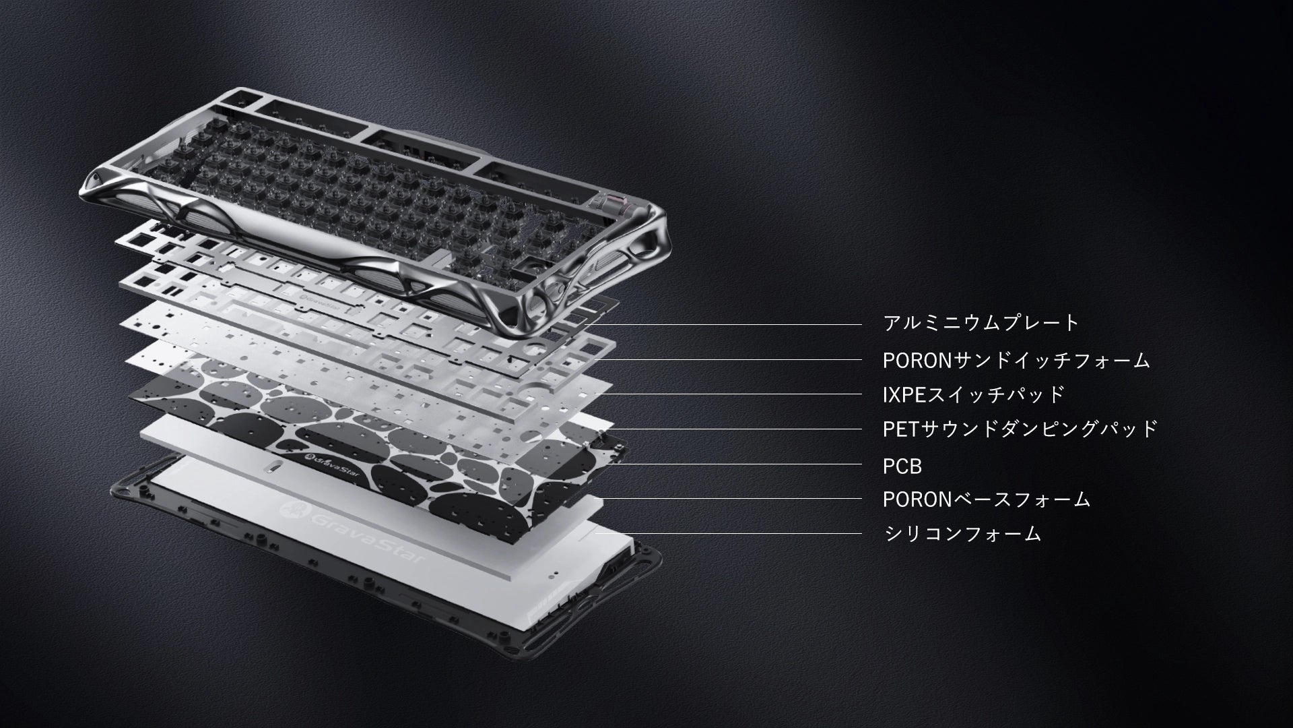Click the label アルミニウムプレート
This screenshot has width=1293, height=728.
(981, 323)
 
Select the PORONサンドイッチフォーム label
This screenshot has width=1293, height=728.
(1016, 361)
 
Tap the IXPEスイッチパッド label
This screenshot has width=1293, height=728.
(974, 394)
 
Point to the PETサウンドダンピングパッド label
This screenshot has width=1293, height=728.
(1020, 429)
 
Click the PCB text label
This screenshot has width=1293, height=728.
(902, 466)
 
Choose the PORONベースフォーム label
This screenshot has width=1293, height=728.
(987, 499)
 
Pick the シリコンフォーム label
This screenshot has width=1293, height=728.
(963, 534)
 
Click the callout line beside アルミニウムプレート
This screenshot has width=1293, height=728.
(725, 325)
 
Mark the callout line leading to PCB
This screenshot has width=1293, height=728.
(734, 464)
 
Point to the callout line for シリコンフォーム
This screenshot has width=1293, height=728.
(727, 533)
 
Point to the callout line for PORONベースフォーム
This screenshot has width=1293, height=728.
(731, 499)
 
